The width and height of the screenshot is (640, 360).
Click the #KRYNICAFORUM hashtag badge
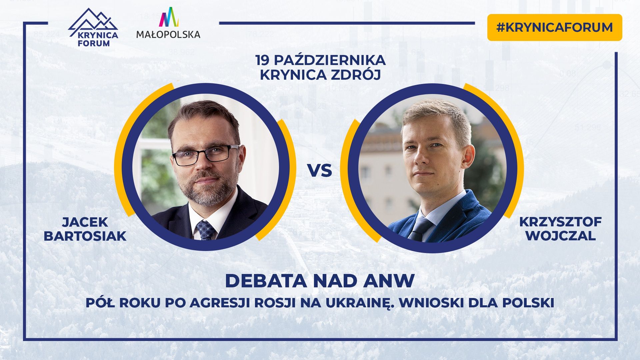(554, 27)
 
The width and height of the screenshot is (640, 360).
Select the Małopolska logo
(168, 23)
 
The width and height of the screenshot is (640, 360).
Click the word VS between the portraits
(320, 171)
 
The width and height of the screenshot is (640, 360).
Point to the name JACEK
(85, 222)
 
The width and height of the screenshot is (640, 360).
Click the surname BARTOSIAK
(85, 236)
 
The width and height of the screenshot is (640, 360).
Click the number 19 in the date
(262, 61)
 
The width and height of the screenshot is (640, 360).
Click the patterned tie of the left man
(205, 230)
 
